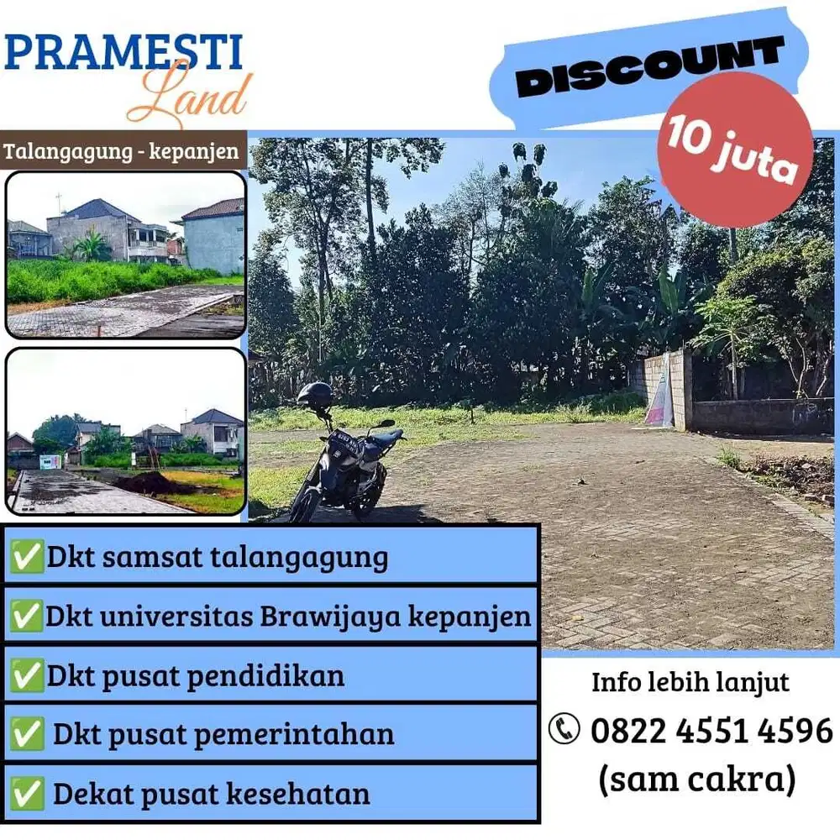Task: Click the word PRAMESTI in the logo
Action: point(123,52)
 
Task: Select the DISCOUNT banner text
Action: point(649,66)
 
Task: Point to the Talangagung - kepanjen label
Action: point(123,153)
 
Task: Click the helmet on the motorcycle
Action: point(315,395)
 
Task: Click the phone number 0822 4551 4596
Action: point(711,731)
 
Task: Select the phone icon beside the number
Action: point(564,729)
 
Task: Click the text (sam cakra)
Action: point(696,780)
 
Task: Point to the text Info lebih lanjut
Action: point(690,681)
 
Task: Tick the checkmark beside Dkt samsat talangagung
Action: point(27,557)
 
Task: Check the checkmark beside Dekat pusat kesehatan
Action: point(27,793)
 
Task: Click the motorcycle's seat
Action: point(382,438)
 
